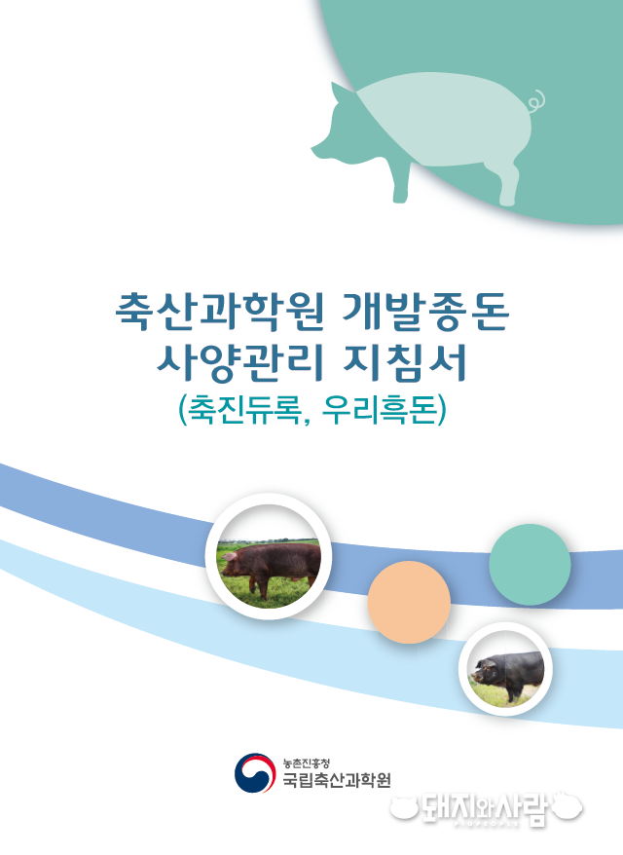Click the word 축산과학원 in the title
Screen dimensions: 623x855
click(x=220, y=312)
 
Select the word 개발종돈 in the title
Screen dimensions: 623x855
click(x=426, y=312)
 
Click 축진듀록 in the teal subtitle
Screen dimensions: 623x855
click(x=243, y=409)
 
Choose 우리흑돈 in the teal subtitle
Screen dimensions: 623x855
click(x=380, y=409)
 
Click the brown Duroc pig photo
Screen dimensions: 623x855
click(x=269, y=556)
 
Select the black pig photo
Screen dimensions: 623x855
click(x=505, y=669)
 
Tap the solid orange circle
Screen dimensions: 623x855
click(x=409, y=602)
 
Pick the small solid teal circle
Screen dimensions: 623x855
click(x=530, y=565)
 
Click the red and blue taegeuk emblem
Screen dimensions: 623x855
click(x=254, y=772)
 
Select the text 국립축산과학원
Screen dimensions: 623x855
click(x=336, y=780)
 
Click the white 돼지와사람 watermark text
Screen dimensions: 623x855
click(x=486, y=807)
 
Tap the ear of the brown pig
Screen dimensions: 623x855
click(x=231, y=556)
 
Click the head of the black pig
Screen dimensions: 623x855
click(x=485, y=670)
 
